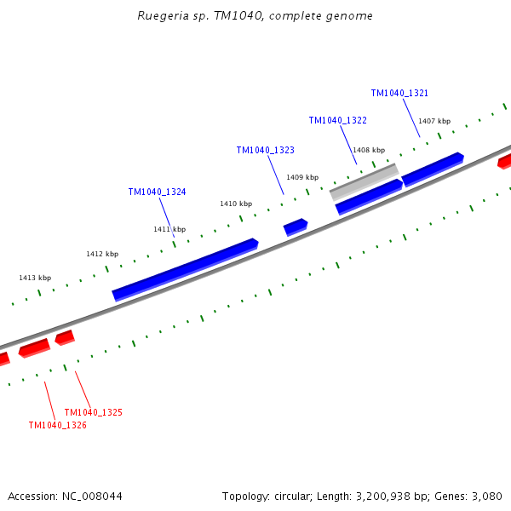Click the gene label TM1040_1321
tap(399, 93)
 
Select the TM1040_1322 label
tap(337, 121)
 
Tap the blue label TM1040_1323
tap(265, 150)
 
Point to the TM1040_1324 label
tap(157, 192)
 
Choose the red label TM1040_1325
tap(94, 412)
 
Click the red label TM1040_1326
tap(58, 425)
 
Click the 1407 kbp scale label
tap(434, 121)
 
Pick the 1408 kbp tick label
tap(369, 150)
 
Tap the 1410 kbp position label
tap(236, 204)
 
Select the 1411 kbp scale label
tap(169, 229)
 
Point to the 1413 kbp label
tap(35, 278)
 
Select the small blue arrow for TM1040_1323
tap(296, 227)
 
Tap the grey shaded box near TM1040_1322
tap(365, 181)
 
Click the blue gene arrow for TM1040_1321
tap(433, 169)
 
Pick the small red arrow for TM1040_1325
tap(65, 338)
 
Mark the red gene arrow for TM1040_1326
tap(35, 347)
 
